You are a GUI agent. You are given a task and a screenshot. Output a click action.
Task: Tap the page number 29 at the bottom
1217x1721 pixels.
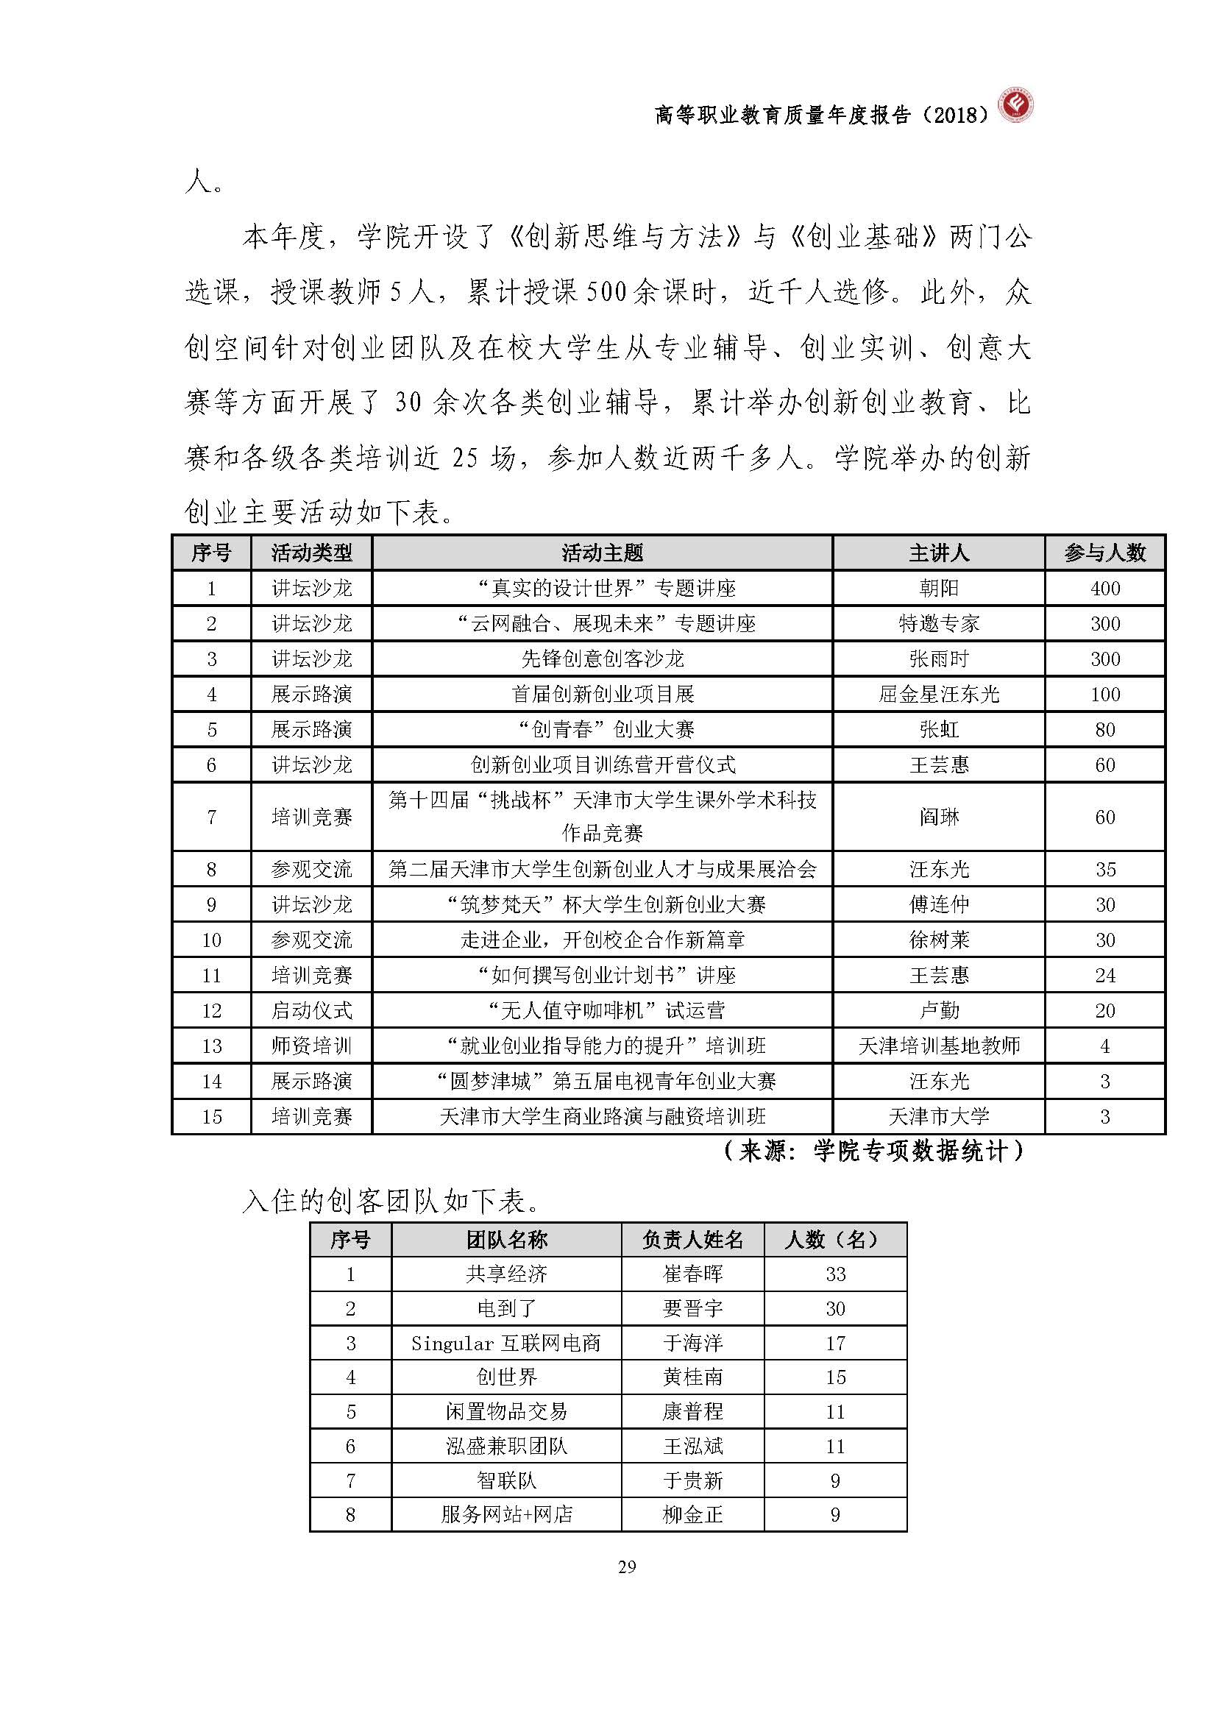point(627,1566)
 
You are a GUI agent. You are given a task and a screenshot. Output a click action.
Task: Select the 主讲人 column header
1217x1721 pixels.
point(938,553)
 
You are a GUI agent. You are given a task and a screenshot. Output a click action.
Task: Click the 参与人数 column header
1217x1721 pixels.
point(1104,553)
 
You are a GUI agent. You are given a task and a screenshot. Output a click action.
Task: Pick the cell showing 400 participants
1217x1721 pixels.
point(1104,589)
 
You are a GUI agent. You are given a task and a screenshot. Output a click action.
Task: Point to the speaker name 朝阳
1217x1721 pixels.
point(938,589)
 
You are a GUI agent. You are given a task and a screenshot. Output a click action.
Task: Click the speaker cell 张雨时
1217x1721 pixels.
point(938,659)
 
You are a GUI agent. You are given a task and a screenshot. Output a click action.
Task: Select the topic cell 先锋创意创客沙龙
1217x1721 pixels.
point(602,659)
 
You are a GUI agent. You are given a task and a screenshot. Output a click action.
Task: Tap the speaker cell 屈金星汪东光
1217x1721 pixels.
point(938,694)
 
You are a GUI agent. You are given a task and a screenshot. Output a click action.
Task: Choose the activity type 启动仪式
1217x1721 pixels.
point(311,1010)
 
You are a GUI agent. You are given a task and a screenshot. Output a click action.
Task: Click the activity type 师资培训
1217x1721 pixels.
point(311,1046)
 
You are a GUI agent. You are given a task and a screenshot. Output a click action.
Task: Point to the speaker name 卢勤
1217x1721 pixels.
point(938,1010)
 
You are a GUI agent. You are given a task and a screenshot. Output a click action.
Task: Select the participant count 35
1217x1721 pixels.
point(1104,870)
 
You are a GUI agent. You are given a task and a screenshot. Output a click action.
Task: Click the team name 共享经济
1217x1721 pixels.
point(505,1274)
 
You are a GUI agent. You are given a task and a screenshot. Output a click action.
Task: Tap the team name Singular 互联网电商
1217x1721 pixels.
point(505,1343)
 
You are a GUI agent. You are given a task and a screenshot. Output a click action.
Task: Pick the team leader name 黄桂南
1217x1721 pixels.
point(692,1377)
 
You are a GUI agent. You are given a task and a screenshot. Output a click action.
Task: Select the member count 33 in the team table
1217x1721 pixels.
point(835,1274)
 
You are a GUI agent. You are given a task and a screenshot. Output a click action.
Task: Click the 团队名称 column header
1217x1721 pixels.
point(505,1239)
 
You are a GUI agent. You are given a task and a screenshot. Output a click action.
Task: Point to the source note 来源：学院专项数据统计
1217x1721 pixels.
point(873,1151)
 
